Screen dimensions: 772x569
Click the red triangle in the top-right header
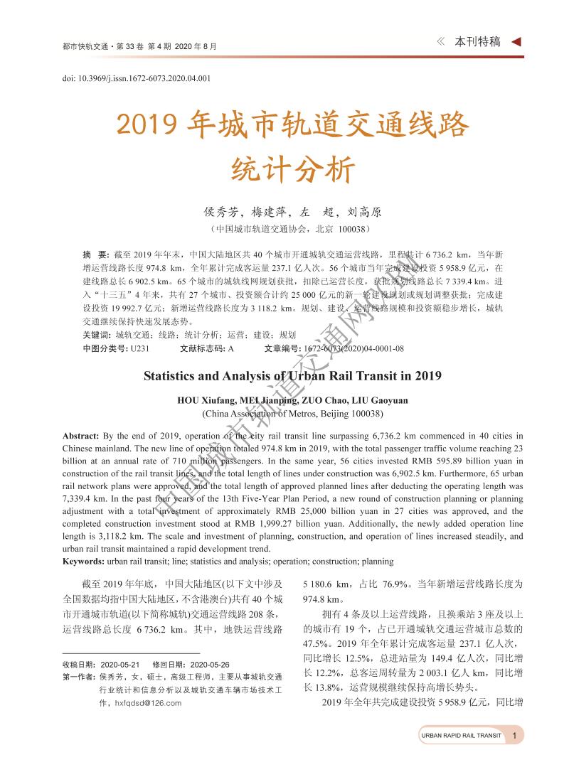click(x=516, y=42)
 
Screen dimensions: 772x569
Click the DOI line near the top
click(x=137, y=78)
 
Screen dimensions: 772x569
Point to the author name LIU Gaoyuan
click(x=384, y=400)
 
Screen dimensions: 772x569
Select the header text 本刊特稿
click(x=478, y=42)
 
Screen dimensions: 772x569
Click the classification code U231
click(x=140, y=348)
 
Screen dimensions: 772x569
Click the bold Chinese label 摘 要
click(x=95, y=254)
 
